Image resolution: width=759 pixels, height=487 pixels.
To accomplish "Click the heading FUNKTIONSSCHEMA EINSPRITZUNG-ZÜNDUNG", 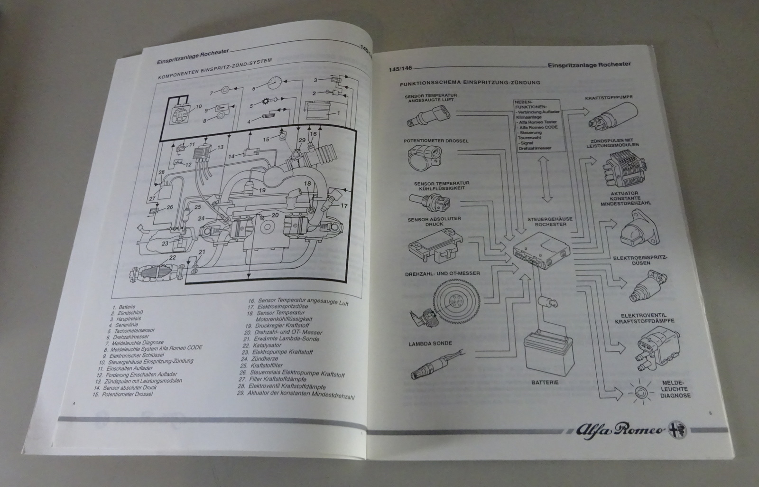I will point(470,83).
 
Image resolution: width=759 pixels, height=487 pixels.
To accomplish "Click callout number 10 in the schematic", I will point(199,106).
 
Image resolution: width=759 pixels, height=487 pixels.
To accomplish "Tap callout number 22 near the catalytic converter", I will point(172,258).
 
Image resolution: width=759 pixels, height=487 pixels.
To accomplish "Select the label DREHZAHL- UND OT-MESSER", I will point(442,273).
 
